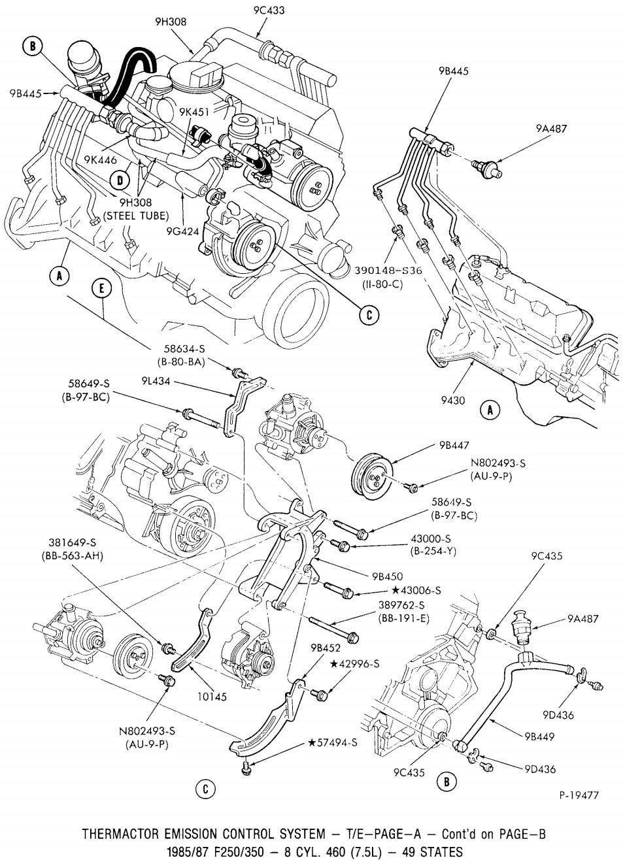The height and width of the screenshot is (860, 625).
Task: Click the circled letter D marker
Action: pos(120,179)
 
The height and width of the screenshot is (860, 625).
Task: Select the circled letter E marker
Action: pos(102,288)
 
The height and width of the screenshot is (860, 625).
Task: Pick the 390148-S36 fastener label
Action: pos(389,270)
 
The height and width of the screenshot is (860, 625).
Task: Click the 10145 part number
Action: pos(212,697)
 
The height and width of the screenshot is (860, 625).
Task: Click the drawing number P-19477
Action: pos(579,795)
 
